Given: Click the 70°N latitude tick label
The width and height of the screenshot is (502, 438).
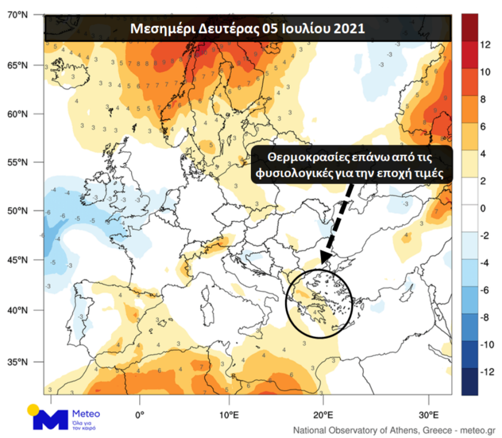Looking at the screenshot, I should point(19,13).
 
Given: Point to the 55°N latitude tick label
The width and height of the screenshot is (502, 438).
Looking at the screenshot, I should point(19,163).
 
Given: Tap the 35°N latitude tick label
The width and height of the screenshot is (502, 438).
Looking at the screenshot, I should point(19,362).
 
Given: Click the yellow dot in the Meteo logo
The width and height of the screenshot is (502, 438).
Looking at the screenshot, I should point(33,409).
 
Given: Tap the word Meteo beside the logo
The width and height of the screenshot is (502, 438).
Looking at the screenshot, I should point(87,413).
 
